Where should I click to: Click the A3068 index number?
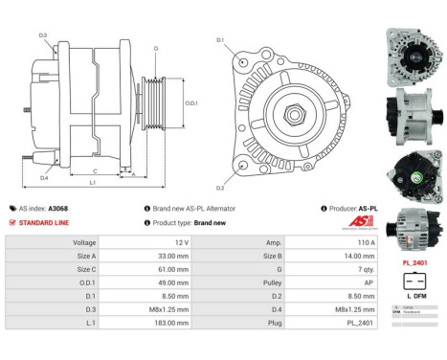(58, 208)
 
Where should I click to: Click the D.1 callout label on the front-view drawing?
(220, 40)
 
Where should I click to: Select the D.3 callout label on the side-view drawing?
(43, 35)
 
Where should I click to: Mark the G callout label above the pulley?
(155, 47)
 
